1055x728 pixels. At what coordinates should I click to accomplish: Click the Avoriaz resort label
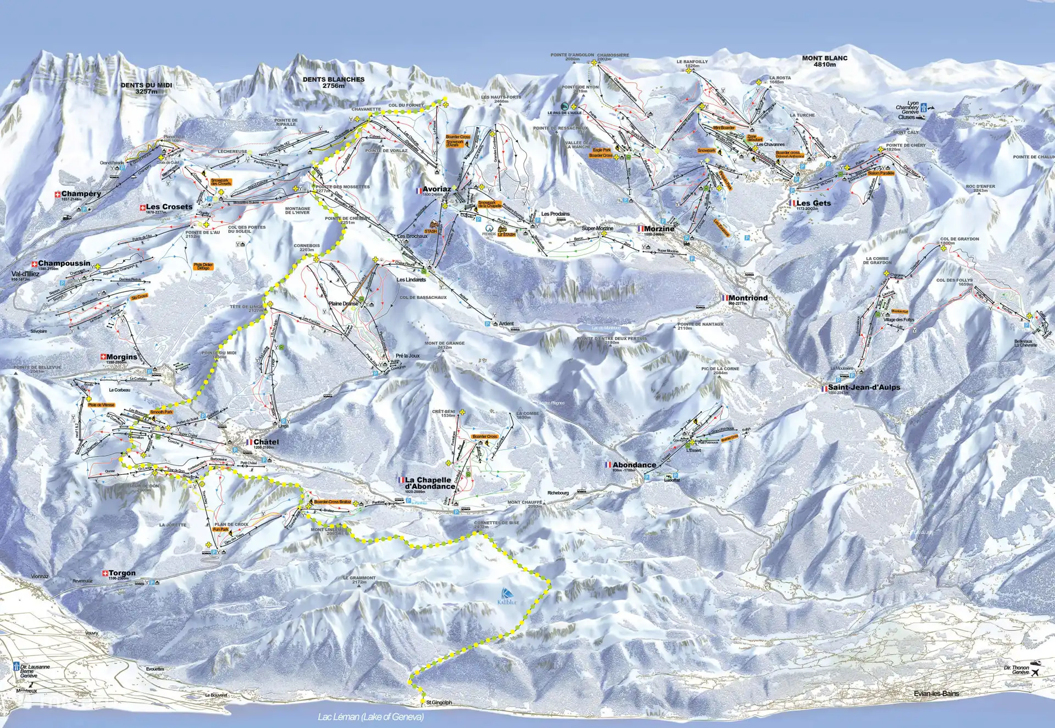[x=437, y=189]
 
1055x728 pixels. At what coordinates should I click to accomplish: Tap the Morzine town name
[x=659, y=229]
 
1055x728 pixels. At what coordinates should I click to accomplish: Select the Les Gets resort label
[x=813, y=203]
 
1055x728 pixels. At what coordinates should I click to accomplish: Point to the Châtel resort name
[x=266, y=442]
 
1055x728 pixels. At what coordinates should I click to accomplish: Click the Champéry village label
[x=81, y=194]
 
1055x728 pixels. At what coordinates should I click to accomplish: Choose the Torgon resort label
[x=121, y=573]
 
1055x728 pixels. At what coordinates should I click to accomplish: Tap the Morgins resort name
[x=121, y=357]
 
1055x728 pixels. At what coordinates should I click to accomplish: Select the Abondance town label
[x=634, y=465]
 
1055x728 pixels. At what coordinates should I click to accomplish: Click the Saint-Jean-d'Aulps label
[x=864, y=387]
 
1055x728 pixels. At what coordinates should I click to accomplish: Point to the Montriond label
[x=748, y=298]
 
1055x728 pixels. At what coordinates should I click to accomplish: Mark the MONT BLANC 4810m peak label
[x=824, y=61]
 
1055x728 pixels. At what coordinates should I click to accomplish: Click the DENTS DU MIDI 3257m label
[x=146, y=88]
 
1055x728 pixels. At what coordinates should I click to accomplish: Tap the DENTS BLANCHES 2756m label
[x=333, y=82]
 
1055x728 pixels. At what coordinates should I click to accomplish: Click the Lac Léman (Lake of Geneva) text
[x=371, y=716]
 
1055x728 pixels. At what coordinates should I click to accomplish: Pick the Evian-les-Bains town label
[x=936, y=693]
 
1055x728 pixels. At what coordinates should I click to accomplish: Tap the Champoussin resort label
[x=64, y=264]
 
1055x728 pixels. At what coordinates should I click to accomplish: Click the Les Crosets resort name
[x=169, y=207]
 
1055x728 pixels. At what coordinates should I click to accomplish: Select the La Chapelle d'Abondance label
[x=430, y=483]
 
